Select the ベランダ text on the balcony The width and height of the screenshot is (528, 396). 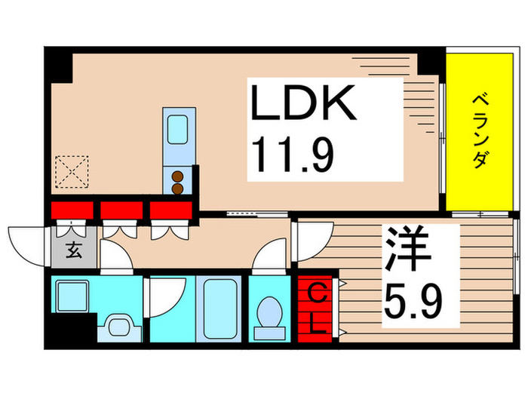(x=480, y=131)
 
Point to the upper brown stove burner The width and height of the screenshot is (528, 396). (x=179, y=178)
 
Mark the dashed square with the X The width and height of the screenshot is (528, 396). (x=73, y=170)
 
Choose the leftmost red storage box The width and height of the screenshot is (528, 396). (x=72, y=210)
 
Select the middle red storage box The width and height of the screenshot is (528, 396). (x=121, y=210)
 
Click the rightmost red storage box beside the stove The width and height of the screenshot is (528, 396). (x=170, y=210)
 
